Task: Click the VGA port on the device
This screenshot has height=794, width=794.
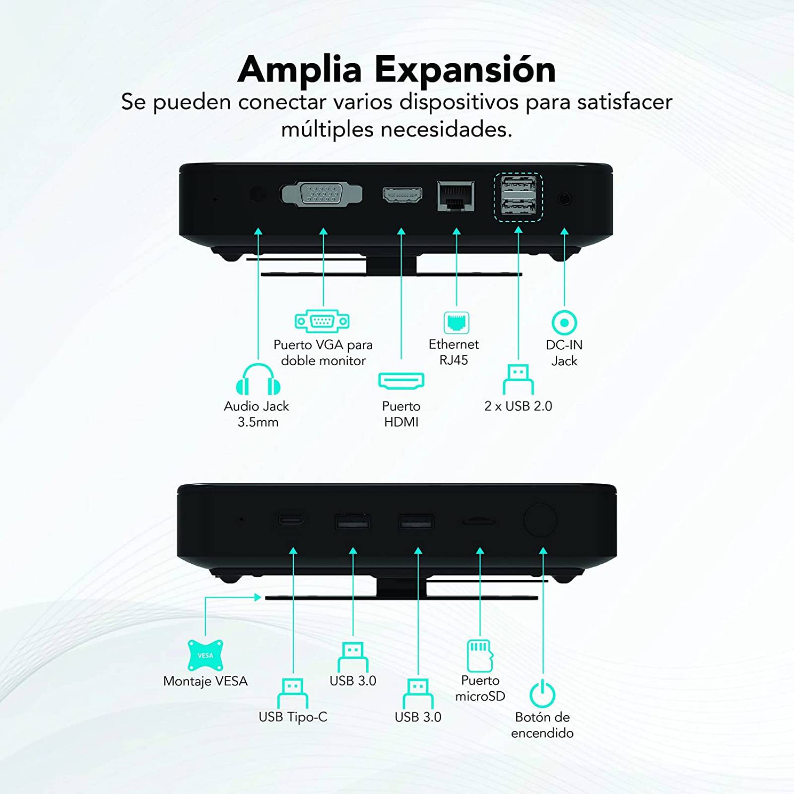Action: tap(322, 194)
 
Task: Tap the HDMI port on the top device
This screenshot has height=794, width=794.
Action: tap(402, 195)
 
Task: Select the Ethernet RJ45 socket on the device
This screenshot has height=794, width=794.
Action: tap(456, 197)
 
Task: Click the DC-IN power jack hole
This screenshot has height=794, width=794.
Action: tap(565, 198)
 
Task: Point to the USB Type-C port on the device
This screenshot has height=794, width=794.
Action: tap(291, 520)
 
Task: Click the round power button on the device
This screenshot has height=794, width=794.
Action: tap(540, 520)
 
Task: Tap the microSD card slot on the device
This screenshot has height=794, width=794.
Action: tap(478, 521)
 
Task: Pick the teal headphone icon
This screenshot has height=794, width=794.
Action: tap(258, 379)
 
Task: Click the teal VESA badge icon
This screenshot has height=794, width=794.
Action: tap(205, 655)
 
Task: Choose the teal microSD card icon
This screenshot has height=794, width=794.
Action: tap(480, 656)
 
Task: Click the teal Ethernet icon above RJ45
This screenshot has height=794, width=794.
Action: tap(456, 323)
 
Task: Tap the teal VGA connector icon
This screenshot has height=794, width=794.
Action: tap(322, 321)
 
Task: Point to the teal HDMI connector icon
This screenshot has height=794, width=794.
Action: tap(401, 381)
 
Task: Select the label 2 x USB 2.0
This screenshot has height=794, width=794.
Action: tap(518, 406)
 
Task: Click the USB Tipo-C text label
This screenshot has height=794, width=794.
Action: tap(293, 717)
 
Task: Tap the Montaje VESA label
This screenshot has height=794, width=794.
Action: tap(205, 681)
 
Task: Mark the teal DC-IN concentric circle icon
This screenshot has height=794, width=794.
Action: tap(564, 323)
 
